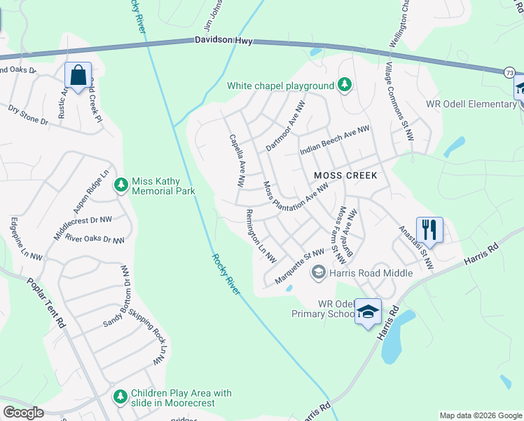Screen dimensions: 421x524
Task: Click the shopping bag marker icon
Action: coord(78,74)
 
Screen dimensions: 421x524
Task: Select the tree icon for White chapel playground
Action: coord(344,86)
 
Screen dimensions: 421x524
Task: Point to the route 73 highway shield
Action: coord(509,73)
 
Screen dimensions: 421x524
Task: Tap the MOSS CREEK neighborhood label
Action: coord(345,175)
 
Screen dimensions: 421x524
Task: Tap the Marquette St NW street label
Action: coord(299,267)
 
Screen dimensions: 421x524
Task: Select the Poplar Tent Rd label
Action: coord(46,305)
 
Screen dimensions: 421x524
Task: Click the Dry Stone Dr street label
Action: coord(28,116)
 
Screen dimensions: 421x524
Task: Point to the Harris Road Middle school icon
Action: coord(319,272)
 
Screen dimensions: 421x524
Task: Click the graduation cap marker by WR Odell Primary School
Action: coord(367,312)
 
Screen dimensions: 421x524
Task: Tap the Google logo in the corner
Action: coord(22,413)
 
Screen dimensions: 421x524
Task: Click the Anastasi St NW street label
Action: coord(416,247)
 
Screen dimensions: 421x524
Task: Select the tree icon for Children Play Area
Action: coord(120,397)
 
